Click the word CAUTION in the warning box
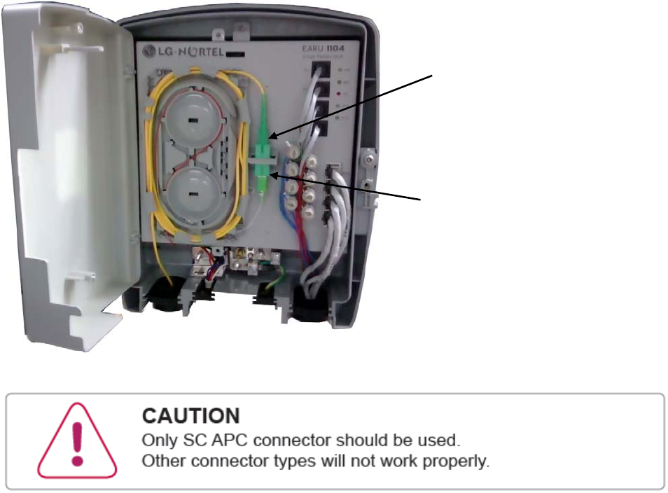point(190,416)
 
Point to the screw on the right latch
point(368,159)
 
